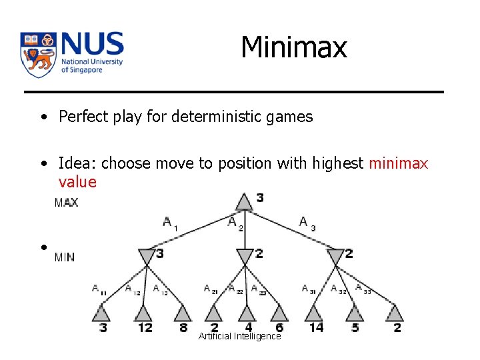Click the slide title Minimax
(x=293, y=47)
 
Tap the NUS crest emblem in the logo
(x=37, y=54)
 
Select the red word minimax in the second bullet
(x=398, y=163)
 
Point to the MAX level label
(x=66, y=202)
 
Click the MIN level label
(x=64, y=257)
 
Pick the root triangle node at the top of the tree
(x=244, y=201)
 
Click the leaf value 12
(x=145, y=327)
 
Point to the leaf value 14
(x=316, y=327)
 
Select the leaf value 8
(x=183, y=327)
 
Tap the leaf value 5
(x=355, y=327)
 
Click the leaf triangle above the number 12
(x=143, y=312)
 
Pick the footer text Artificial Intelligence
(x=239, y=336)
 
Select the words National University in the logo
(x=91, y=62)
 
